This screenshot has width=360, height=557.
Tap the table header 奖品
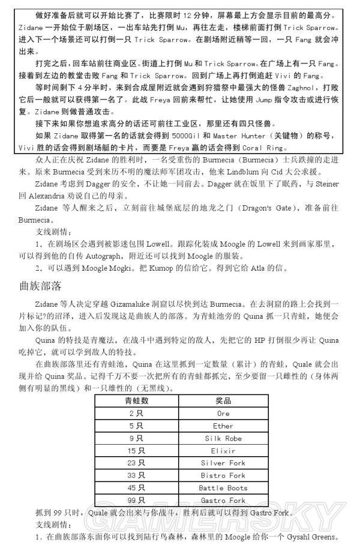(x=223, y=400)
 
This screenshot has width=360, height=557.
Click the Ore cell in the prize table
(x=223, y=414)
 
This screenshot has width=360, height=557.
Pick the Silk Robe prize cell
(x=223, y=438)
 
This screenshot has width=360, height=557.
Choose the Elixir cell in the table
(x=223, y=451)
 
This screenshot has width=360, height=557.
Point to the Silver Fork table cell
(x=223, y=463)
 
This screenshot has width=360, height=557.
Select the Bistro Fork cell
(x=223, y=476)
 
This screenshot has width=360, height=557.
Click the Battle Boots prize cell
(x=223, y=488)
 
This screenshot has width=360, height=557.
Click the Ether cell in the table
(x=223, y=426)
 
